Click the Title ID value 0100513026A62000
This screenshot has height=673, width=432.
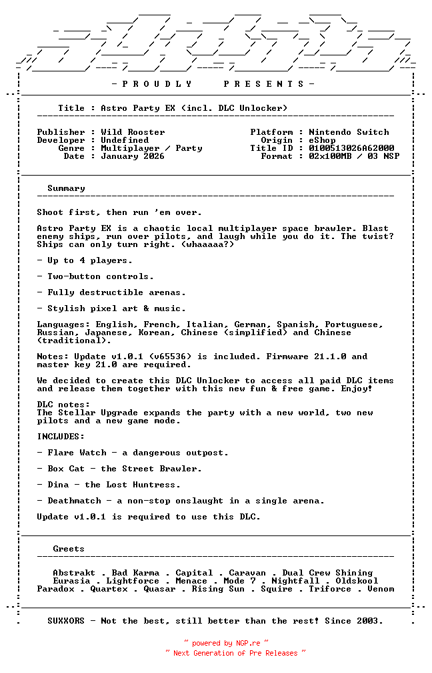tap(351, 148)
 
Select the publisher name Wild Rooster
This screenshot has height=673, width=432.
tap(133, 132)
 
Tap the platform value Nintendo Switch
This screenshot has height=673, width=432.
tap(349, 132)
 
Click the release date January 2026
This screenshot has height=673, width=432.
tap(133, 156)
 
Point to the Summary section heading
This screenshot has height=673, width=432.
tap(66, 188)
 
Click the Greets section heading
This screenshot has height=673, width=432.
tap(69, 549)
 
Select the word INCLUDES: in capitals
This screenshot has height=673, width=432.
tap(61, 437)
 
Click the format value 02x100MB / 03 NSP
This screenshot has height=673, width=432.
tap(354, 156)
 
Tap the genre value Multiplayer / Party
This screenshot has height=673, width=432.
tap(151, 148)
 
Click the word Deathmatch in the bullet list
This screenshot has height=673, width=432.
tap(74, 501)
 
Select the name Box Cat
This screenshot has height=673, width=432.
tap(66, 469)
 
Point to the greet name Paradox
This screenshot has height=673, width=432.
tap(55, 589)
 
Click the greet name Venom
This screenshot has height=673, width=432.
tap(381, 589)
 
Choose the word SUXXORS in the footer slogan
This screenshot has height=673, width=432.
tap(66, 621)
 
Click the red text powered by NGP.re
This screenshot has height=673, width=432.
tap(226, 643)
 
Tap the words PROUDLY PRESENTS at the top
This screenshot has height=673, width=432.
tap(213, 84)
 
